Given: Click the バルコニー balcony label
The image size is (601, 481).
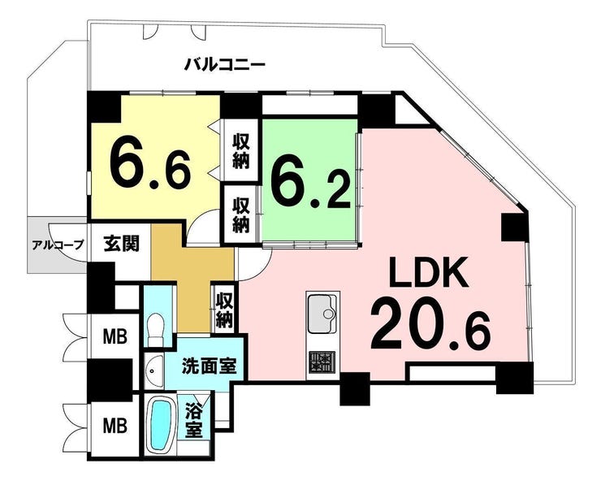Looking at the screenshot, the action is point(225,64).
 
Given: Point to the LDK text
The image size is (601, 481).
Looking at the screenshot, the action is point(430,272).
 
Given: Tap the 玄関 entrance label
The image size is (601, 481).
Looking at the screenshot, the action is point(121,243).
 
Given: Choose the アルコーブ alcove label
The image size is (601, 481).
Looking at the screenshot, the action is point(58,245).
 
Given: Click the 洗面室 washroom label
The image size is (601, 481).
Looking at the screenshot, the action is point(209,366).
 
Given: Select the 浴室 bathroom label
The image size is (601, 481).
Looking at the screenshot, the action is point(194,420).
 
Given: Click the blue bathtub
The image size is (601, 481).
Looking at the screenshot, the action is point(161,426).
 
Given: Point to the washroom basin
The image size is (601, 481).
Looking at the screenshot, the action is point(154,371).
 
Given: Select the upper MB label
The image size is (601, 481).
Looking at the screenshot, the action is point(115,336).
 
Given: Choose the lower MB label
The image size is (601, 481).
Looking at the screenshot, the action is point(115,426).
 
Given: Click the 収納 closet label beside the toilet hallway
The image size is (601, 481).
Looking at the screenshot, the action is point(224,310).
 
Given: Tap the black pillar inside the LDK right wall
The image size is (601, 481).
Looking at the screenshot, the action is point(515,227).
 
